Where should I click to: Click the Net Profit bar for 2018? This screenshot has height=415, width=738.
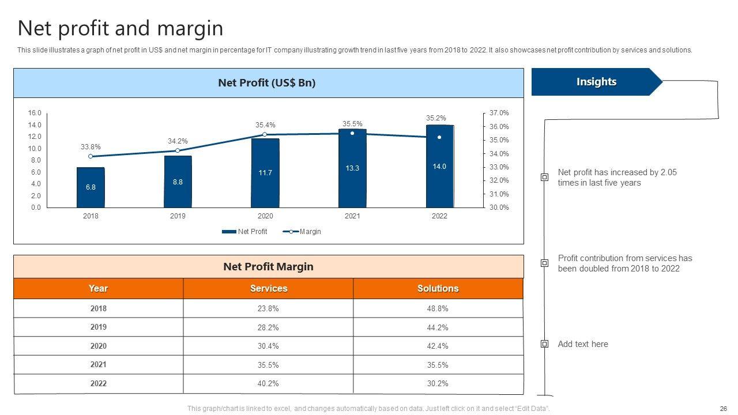91,187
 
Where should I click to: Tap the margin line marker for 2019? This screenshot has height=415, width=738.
177,150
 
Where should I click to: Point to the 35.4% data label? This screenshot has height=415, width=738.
265,124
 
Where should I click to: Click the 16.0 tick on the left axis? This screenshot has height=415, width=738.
35,113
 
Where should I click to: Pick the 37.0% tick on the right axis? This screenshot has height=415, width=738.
499,113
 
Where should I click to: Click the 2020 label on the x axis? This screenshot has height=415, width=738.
265,216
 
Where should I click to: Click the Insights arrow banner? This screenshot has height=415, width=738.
596,82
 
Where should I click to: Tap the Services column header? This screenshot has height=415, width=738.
268,288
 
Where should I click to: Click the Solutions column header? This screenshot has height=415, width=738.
438,288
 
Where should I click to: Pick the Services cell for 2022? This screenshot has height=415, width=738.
268,383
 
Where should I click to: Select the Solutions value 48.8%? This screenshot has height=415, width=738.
438,308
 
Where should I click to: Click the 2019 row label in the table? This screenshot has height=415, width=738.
99,327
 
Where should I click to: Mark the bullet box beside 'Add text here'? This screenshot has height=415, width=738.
544,344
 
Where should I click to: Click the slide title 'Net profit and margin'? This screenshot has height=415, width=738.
120,28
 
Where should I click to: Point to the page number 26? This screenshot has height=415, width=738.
724,408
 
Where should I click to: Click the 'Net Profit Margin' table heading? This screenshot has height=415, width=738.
268,266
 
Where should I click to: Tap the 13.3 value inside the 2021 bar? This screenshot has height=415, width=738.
352,168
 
